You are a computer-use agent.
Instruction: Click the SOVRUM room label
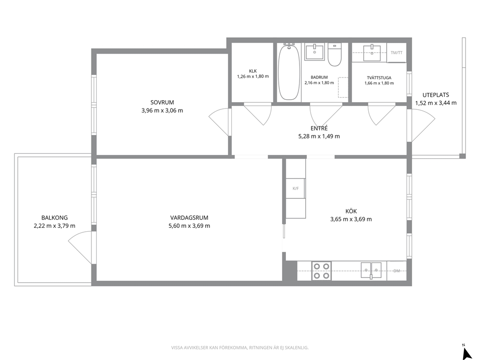[162, 103]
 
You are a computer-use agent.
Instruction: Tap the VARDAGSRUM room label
[189, 218]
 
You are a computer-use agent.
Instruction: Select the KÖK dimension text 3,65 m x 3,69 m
[351, 219]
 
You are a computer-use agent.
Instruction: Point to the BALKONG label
[55, 218]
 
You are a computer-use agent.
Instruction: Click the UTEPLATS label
[436, 95]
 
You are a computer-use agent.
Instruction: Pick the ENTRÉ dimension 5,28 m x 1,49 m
[319, 136]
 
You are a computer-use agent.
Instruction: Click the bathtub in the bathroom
[289, 72]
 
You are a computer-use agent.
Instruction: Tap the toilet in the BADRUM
[334, 55]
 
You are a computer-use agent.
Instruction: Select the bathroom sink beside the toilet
[315, 52]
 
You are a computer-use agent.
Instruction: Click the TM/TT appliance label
[397, 53]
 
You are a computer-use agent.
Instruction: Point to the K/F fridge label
[296, 189]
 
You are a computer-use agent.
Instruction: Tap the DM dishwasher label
[397, 271]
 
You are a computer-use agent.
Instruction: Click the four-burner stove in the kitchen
[321, 271]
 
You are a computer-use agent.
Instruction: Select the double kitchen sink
[371, 270]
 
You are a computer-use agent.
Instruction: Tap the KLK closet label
[253, 71]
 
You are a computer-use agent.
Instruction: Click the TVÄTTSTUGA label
[379, 78]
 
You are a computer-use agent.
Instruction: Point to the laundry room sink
[372, 53]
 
